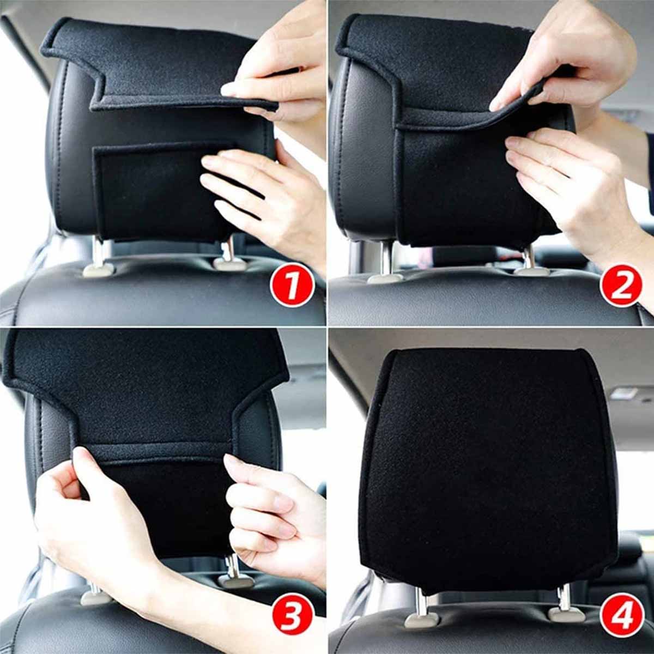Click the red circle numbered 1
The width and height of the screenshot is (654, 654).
coord(292,286)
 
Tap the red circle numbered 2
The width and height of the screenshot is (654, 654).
coord(620,286)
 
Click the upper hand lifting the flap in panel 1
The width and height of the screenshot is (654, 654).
coord(272,71)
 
